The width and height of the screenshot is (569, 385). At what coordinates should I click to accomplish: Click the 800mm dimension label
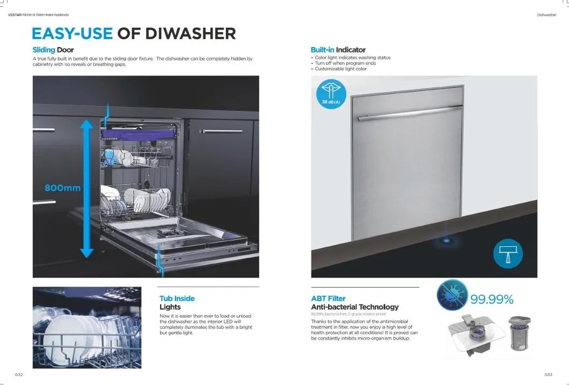pos(63,188)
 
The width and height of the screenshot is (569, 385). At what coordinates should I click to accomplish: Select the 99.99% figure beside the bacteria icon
pos(492,300)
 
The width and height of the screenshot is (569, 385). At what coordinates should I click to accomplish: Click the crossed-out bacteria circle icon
pos(452,295)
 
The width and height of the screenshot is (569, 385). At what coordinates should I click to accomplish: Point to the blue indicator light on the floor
pos(445,240)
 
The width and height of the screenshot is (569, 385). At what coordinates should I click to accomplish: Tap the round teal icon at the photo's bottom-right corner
pos(508,254)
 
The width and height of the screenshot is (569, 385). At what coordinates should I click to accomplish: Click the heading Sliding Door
pos(53,50)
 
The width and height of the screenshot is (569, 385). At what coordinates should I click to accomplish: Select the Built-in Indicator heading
pos(338,50)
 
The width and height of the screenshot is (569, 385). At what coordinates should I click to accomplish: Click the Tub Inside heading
pos(177,298)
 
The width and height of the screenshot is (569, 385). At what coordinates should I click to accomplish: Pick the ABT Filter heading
pos(328,298)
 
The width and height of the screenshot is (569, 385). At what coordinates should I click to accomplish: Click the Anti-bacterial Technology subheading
pos(355,307)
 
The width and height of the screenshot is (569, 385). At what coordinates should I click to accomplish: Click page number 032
pos(19,375)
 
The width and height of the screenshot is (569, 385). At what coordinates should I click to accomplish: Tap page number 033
pos(548,375)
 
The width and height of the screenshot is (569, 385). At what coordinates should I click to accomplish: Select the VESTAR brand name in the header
pos(15,15)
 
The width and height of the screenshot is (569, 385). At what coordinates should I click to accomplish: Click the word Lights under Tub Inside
pos(170,307)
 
